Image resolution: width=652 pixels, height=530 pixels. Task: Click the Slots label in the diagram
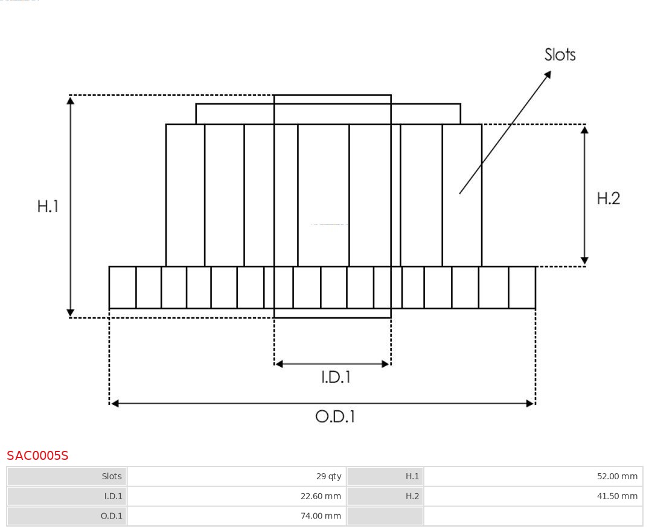coord(560,55)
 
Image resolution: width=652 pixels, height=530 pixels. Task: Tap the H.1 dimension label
coord(48,207)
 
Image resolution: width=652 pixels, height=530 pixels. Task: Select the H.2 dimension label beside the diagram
coord(609,199)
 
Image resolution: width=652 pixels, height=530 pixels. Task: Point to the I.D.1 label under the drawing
coord(336,377)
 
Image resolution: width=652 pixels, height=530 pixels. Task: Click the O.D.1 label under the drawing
coord(335,416)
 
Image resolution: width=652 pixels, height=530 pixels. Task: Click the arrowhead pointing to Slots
coord(548,74)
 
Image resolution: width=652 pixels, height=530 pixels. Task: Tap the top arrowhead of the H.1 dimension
coord(71,100)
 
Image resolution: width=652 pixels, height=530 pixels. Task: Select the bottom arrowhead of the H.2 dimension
coord(584,260)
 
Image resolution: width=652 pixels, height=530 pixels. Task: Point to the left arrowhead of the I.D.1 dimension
coord(279,364)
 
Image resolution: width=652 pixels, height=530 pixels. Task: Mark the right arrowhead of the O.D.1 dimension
coord(530,404)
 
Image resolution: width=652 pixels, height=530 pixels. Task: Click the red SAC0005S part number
coord(37,456)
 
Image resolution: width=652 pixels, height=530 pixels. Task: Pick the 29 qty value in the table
coord(328,476)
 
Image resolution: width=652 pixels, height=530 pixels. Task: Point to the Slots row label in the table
coord(112,476)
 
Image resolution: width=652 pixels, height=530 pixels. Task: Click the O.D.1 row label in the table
coord(112,516)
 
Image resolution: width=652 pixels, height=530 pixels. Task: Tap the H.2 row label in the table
coord(412,496)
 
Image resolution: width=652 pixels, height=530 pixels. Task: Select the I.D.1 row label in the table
coord(113,496)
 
